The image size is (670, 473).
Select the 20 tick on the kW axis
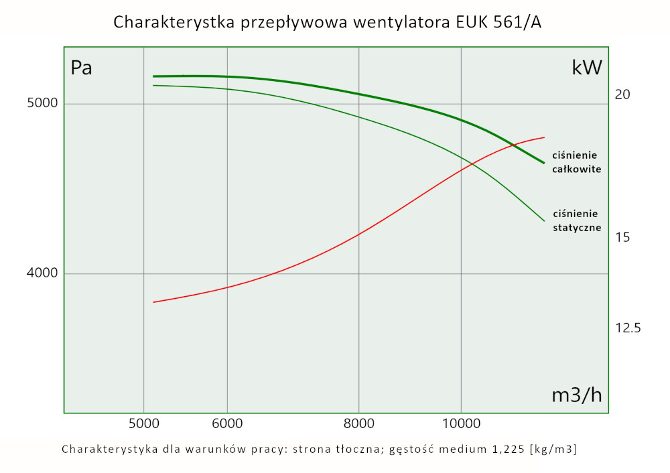(x=622, y=94)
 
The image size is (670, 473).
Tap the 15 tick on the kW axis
(x=622, y=237)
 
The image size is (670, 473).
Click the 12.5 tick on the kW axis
(x=628, y=328)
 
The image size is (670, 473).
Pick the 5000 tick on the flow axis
(x=143, y=423)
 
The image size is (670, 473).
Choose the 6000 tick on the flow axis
(x=227, y=423)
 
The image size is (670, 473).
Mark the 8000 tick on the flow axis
(x=359, y=423)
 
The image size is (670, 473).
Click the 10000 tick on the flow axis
(x=461, y=423)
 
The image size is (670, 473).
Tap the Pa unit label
(x=81, y=68)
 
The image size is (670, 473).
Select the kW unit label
(x=587, y=68)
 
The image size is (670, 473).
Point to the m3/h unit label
(x=576, y=395)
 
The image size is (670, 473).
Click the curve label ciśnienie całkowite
(x=576, y=161)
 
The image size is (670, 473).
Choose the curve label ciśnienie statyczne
(x=576, y=220)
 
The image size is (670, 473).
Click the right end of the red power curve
(x=544, y=137)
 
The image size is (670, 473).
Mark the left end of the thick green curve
(x=153, y=76)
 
